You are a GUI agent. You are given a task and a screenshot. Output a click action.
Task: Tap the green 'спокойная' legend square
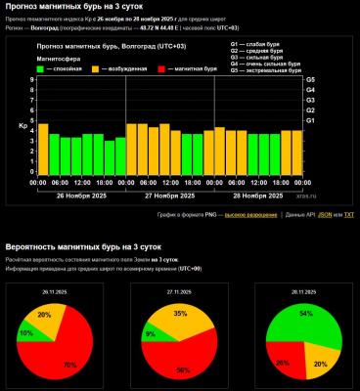(41, 68)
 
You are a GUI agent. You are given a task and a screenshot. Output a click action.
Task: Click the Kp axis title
(22, 126)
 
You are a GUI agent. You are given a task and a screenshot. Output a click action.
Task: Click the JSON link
(324, 214)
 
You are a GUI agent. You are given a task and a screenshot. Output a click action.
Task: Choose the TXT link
(348, 214)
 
